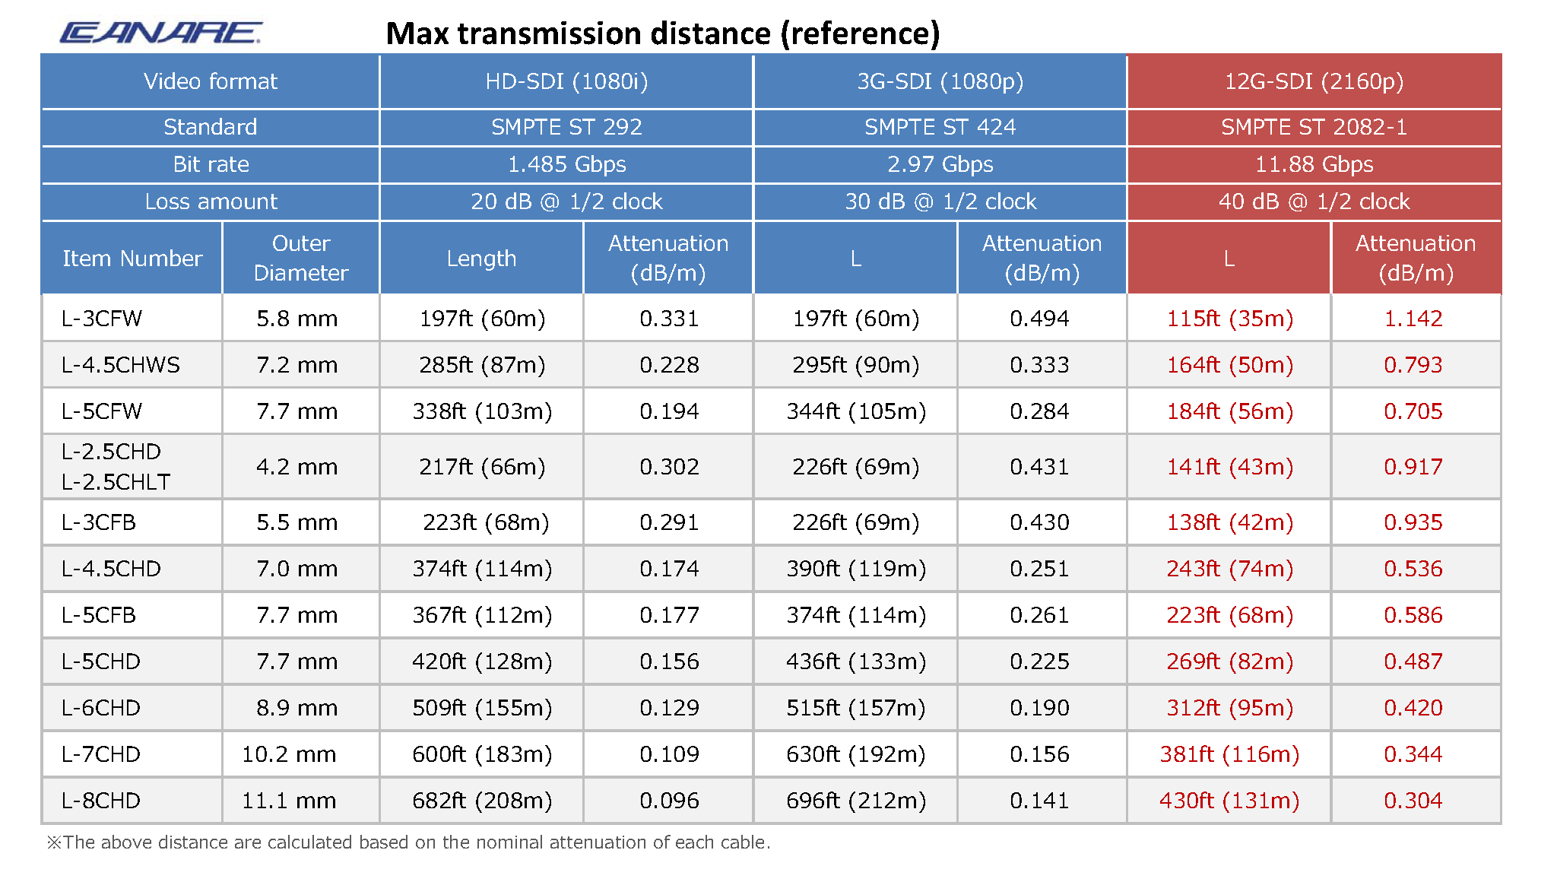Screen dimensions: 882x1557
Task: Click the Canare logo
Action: [160, 33]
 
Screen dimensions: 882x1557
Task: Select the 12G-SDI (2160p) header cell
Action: [1313, 81]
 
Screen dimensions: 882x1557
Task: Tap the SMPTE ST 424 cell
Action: [940, 127]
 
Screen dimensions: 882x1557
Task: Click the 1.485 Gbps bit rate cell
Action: [566, 164]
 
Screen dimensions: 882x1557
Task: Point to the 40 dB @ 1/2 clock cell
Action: [1313, 201]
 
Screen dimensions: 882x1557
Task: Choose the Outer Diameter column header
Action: [300, 258]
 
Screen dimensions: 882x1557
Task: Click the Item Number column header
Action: [132, 259]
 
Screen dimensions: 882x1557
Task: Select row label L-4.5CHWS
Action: [121, 365]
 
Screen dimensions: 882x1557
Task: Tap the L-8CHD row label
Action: [101, 801]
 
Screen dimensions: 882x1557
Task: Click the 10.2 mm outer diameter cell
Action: [289, 754]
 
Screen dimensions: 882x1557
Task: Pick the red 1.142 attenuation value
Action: [1413, 319]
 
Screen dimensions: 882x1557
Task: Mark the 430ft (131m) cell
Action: [1229, 801]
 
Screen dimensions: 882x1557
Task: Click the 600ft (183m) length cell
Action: [482, 754]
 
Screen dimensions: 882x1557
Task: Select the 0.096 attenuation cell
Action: [669, 801]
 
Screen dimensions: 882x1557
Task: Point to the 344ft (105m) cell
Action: [856, 411]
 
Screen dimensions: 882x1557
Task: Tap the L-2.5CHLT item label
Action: [116, 482]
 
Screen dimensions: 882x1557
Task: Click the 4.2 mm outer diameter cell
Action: [296, 467]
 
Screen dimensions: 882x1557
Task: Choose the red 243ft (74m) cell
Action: [1229, 569]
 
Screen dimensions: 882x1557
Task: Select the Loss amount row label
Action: [211, 201]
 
